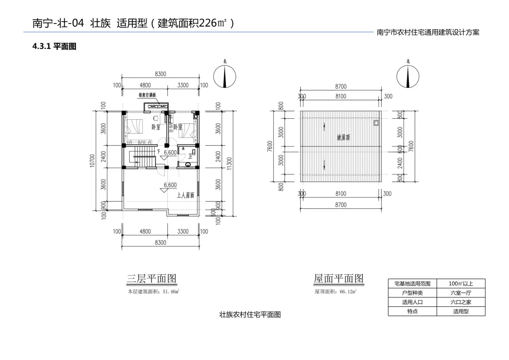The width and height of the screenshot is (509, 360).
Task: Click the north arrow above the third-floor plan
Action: pos(225,77)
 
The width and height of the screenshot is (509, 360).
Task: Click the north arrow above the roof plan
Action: pos(408,77)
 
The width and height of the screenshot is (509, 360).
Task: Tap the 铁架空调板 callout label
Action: pos(150,95)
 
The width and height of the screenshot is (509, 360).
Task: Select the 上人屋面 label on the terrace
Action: pos(185,196)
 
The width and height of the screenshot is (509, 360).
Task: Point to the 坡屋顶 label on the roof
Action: pos(343,138)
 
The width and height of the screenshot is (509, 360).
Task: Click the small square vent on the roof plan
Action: pos(376,123)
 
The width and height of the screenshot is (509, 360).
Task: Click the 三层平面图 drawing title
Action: pos(152,279)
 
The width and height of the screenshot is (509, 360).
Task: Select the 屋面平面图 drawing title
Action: pos(339,279)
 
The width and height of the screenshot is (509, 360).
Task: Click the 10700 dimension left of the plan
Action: pos(92,160)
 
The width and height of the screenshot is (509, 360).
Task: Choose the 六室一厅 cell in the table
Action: pos(460,293)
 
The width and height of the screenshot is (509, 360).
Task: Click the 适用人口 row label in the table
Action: pos(412,303)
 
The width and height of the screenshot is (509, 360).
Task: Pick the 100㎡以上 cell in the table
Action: pos(460,284)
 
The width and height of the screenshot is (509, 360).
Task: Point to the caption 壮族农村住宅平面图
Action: pos(250,315)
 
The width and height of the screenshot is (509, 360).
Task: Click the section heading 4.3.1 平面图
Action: pos(54,47)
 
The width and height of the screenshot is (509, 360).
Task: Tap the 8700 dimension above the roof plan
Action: pos(341,87)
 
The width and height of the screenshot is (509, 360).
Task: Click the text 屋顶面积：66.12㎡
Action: pos(336,292)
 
